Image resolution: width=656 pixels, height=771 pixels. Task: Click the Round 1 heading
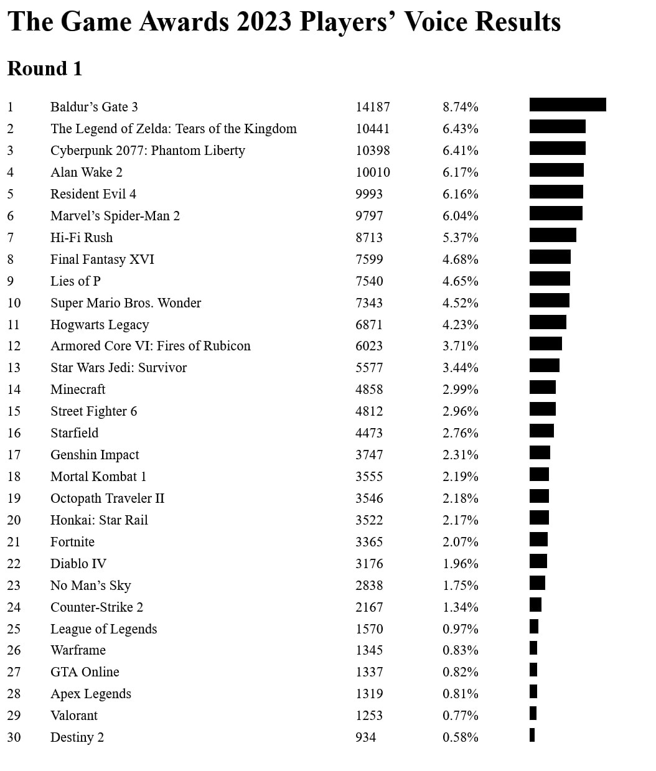coord(44,68)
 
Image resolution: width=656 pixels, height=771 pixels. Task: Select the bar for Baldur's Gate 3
coord(568,105)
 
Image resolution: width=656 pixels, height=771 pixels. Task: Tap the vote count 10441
coord(372,129)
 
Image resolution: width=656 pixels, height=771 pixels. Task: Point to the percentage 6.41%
coord(460,151)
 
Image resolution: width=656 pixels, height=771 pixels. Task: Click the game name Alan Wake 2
coord(86,172)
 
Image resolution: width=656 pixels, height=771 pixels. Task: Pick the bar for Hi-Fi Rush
coord(553,235)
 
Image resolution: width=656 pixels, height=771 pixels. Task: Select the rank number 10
coord(14,302)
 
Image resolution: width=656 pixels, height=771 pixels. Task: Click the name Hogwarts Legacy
coord(100,324)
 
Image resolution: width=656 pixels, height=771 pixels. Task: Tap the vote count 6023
coord(369,346)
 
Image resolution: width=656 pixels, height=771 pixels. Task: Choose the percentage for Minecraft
coord(460,390)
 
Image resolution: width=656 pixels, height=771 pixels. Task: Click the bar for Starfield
coord(541,431)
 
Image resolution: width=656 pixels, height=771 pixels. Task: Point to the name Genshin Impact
coord(95,455)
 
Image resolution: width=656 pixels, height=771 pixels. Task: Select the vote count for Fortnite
coord(369,541)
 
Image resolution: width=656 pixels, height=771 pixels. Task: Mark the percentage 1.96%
coord(460,563)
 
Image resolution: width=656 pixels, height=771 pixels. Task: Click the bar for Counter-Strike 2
coord(535,605)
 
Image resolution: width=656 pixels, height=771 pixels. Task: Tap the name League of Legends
coord(104,629)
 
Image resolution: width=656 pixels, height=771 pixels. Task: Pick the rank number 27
coord(14,672)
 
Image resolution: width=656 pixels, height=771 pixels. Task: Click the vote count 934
coord(366,737)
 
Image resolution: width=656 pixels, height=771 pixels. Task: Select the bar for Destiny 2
coord(532,735)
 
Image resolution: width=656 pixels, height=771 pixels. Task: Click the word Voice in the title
coord(436,22)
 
